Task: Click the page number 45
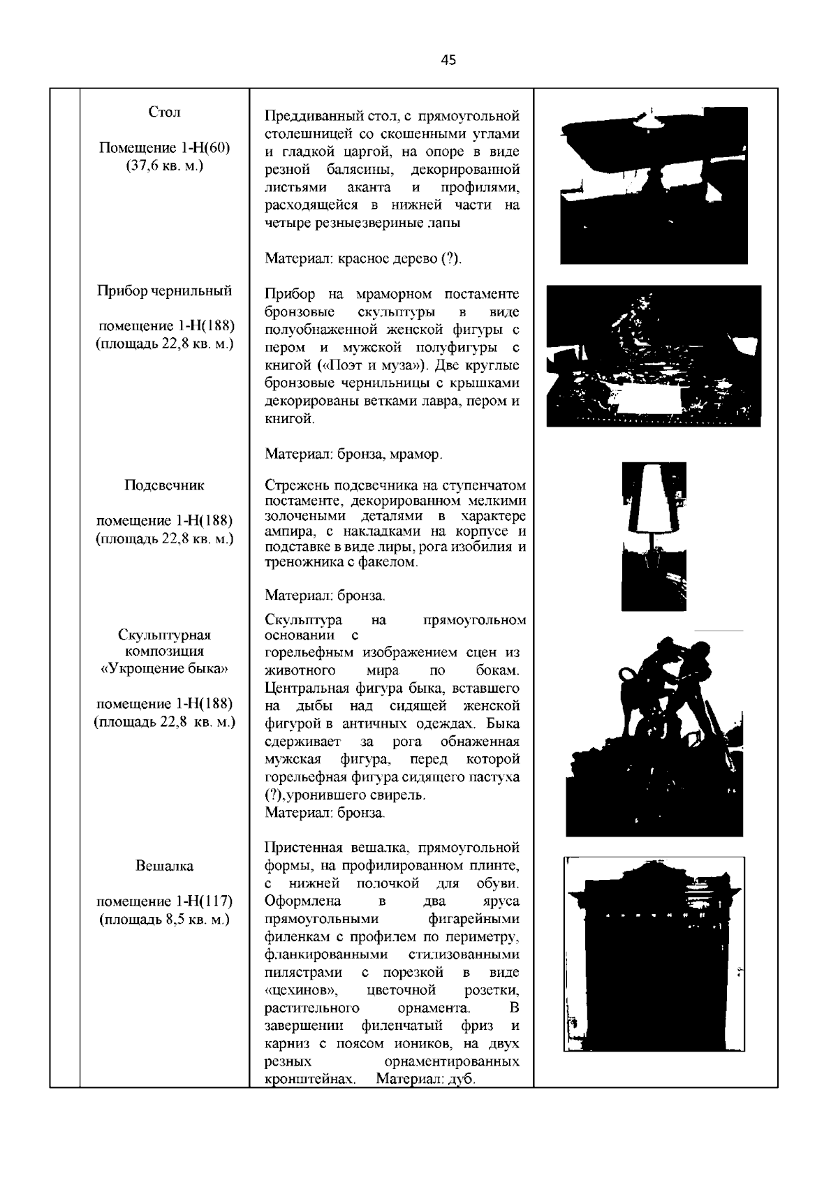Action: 448,61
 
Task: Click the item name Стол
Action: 165,112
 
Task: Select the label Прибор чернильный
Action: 165,291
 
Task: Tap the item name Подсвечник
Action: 165,485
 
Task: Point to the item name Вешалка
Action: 165,866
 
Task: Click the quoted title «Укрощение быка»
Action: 165,668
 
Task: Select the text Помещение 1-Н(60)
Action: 165,148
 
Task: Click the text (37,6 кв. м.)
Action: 165,166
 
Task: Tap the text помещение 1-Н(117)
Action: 165,901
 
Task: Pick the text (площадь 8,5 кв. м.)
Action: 165,919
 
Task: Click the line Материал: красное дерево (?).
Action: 363,259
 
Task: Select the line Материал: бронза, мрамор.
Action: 353,455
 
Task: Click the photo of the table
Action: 654,185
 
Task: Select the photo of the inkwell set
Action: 654,355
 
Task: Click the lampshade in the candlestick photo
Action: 654,497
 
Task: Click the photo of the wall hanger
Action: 654,953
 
